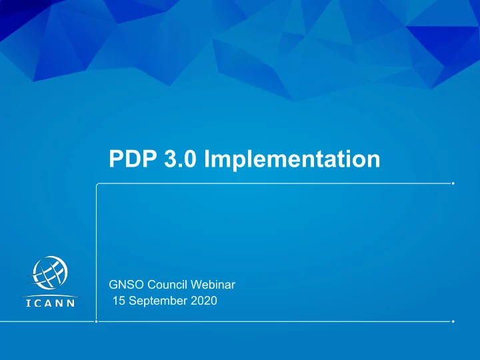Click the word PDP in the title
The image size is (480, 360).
(133, 159)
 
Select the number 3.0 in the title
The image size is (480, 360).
(180, 159)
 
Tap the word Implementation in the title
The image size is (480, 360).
(292, 159)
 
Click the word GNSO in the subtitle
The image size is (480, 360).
(126, 285)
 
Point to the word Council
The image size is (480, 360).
(167, 285)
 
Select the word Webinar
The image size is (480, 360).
(213, 285)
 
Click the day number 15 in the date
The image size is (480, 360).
(119, 301)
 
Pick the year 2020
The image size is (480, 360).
(204, 301)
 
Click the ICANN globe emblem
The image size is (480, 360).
(49, 273)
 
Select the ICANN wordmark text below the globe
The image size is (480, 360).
(51, 303)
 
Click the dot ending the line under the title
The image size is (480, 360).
(453, 183)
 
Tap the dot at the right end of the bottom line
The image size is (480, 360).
(453, 321)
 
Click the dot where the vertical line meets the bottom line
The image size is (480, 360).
(97, 321)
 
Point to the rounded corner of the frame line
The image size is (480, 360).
(97, 184)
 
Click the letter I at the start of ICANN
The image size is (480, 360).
(28, 303)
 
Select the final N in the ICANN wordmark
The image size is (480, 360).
(71, 303)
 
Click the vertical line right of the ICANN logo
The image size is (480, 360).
(97, 253)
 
